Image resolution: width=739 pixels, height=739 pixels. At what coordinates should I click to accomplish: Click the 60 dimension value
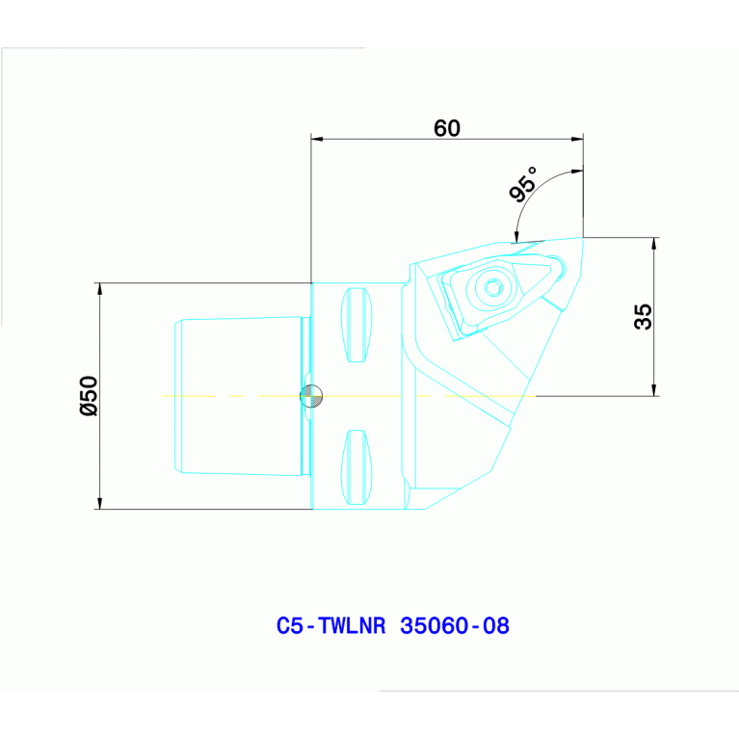click(x=446, y=128)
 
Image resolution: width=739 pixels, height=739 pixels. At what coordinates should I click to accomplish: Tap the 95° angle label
click(x=523, y=184)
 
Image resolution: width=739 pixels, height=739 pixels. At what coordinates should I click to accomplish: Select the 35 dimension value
click(x=643, y=317)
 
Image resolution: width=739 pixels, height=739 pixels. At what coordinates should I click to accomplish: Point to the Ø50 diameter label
click(x=89, y=395)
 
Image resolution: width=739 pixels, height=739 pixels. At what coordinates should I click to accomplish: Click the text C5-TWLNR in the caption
click(x=330, y=626)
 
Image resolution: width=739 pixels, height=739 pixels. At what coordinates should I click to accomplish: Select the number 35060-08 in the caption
click(x=455, y=626)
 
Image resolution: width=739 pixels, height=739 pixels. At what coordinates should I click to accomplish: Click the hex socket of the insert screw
click(x=493, y=287)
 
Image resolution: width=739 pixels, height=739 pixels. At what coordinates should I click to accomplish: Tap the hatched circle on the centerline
click(x=311, y=396)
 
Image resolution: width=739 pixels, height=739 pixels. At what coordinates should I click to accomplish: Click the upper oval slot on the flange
click(x=356, y=325)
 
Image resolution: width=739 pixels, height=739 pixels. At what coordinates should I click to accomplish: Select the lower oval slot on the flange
click(x=356, y=467)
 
